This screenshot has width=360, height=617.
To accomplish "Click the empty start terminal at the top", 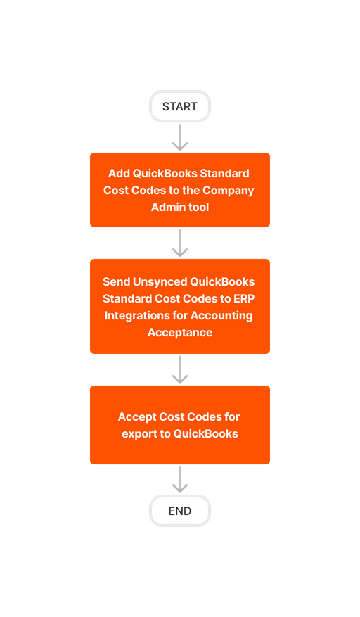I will pos(180,106).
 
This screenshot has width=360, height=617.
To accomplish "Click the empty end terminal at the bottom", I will pos(180,511).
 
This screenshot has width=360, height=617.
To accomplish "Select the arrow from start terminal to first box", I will pos(180,138).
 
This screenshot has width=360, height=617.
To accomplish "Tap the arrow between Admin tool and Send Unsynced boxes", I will pos(180,243).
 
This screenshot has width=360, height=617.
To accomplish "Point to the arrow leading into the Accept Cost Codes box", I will pos(180,370).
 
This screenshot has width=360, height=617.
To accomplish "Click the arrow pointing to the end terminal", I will pos(180,480).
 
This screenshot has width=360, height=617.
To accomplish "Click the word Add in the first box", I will pos(119,173).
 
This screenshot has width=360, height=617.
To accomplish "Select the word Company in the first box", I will pos(229,190).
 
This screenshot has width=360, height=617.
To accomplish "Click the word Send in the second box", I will pos(117,281).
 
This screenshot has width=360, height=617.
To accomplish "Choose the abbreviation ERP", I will pos(243,298).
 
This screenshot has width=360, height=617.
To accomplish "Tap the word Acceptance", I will pos(180,332).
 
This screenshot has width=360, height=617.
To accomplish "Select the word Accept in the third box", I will pos(136,416).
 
